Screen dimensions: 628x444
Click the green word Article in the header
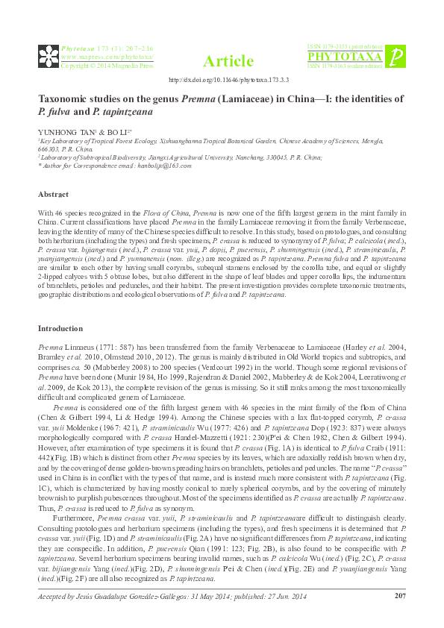click(x=228, y=61)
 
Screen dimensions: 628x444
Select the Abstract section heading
click(x=53, y=194)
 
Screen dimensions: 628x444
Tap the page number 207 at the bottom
click(x=398, y=594)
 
